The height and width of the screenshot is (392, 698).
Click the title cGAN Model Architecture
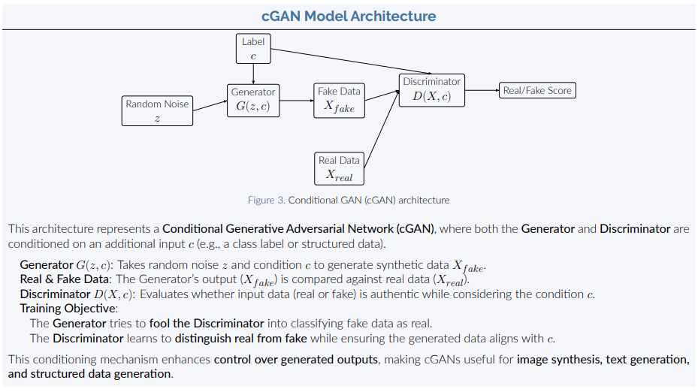(349, 16)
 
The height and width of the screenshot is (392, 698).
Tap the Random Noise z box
(157, 111)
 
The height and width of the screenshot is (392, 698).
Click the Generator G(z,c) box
(253, 99)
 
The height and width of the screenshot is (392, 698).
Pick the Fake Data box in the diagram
(339, 100)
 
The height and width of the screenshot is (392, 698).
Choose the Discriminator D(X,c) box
(431, 89)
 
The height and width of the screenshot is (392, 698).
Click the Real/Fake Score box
(537, 91)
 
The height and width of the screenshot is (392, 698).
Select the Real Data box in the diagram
(339, 168)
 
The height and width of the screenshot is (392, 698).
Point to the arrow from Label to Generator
(253, 74)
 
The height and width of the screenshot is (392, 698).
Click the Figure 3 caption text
(349, 201)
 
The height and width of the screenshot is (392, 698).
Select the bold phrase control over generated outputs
(295, 360)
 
